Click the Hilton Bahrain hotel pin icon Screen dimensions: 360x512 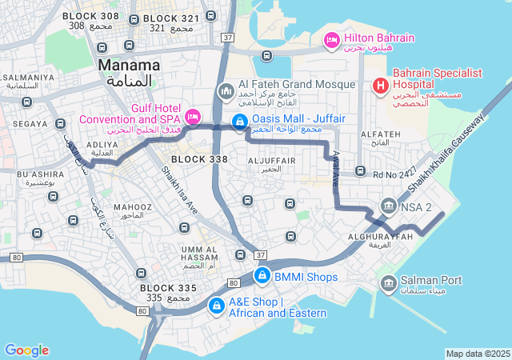(331, 38)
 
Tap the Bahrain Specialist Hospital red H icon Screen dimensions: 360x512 (380, 84)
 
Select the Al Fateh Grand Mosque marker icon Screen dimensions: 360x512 (226, 93)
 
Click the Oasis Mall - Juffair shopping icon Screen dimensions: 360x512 (238, 122)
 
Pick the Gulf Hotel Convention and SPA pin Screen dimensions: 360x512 (192, 117)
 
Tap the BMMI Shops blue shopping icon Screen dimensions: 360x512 (261, 277)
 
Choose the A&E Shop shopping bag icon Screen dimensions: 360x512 (216, 306)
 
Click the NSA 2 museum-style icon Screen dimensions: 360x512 (389, 207)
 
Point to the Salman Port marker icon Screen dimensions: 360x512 (389, 282)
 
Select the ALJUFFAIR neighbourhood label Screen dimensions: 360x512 (272, 161)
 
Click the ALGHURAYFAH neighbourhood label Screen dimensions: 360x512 (380, 238)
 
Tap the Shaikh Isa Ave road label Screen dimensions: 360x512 (179, 190)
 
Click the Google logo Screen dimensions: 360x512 (26, 350)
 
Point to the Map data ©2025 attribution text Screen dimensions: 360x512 (477, 354)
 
